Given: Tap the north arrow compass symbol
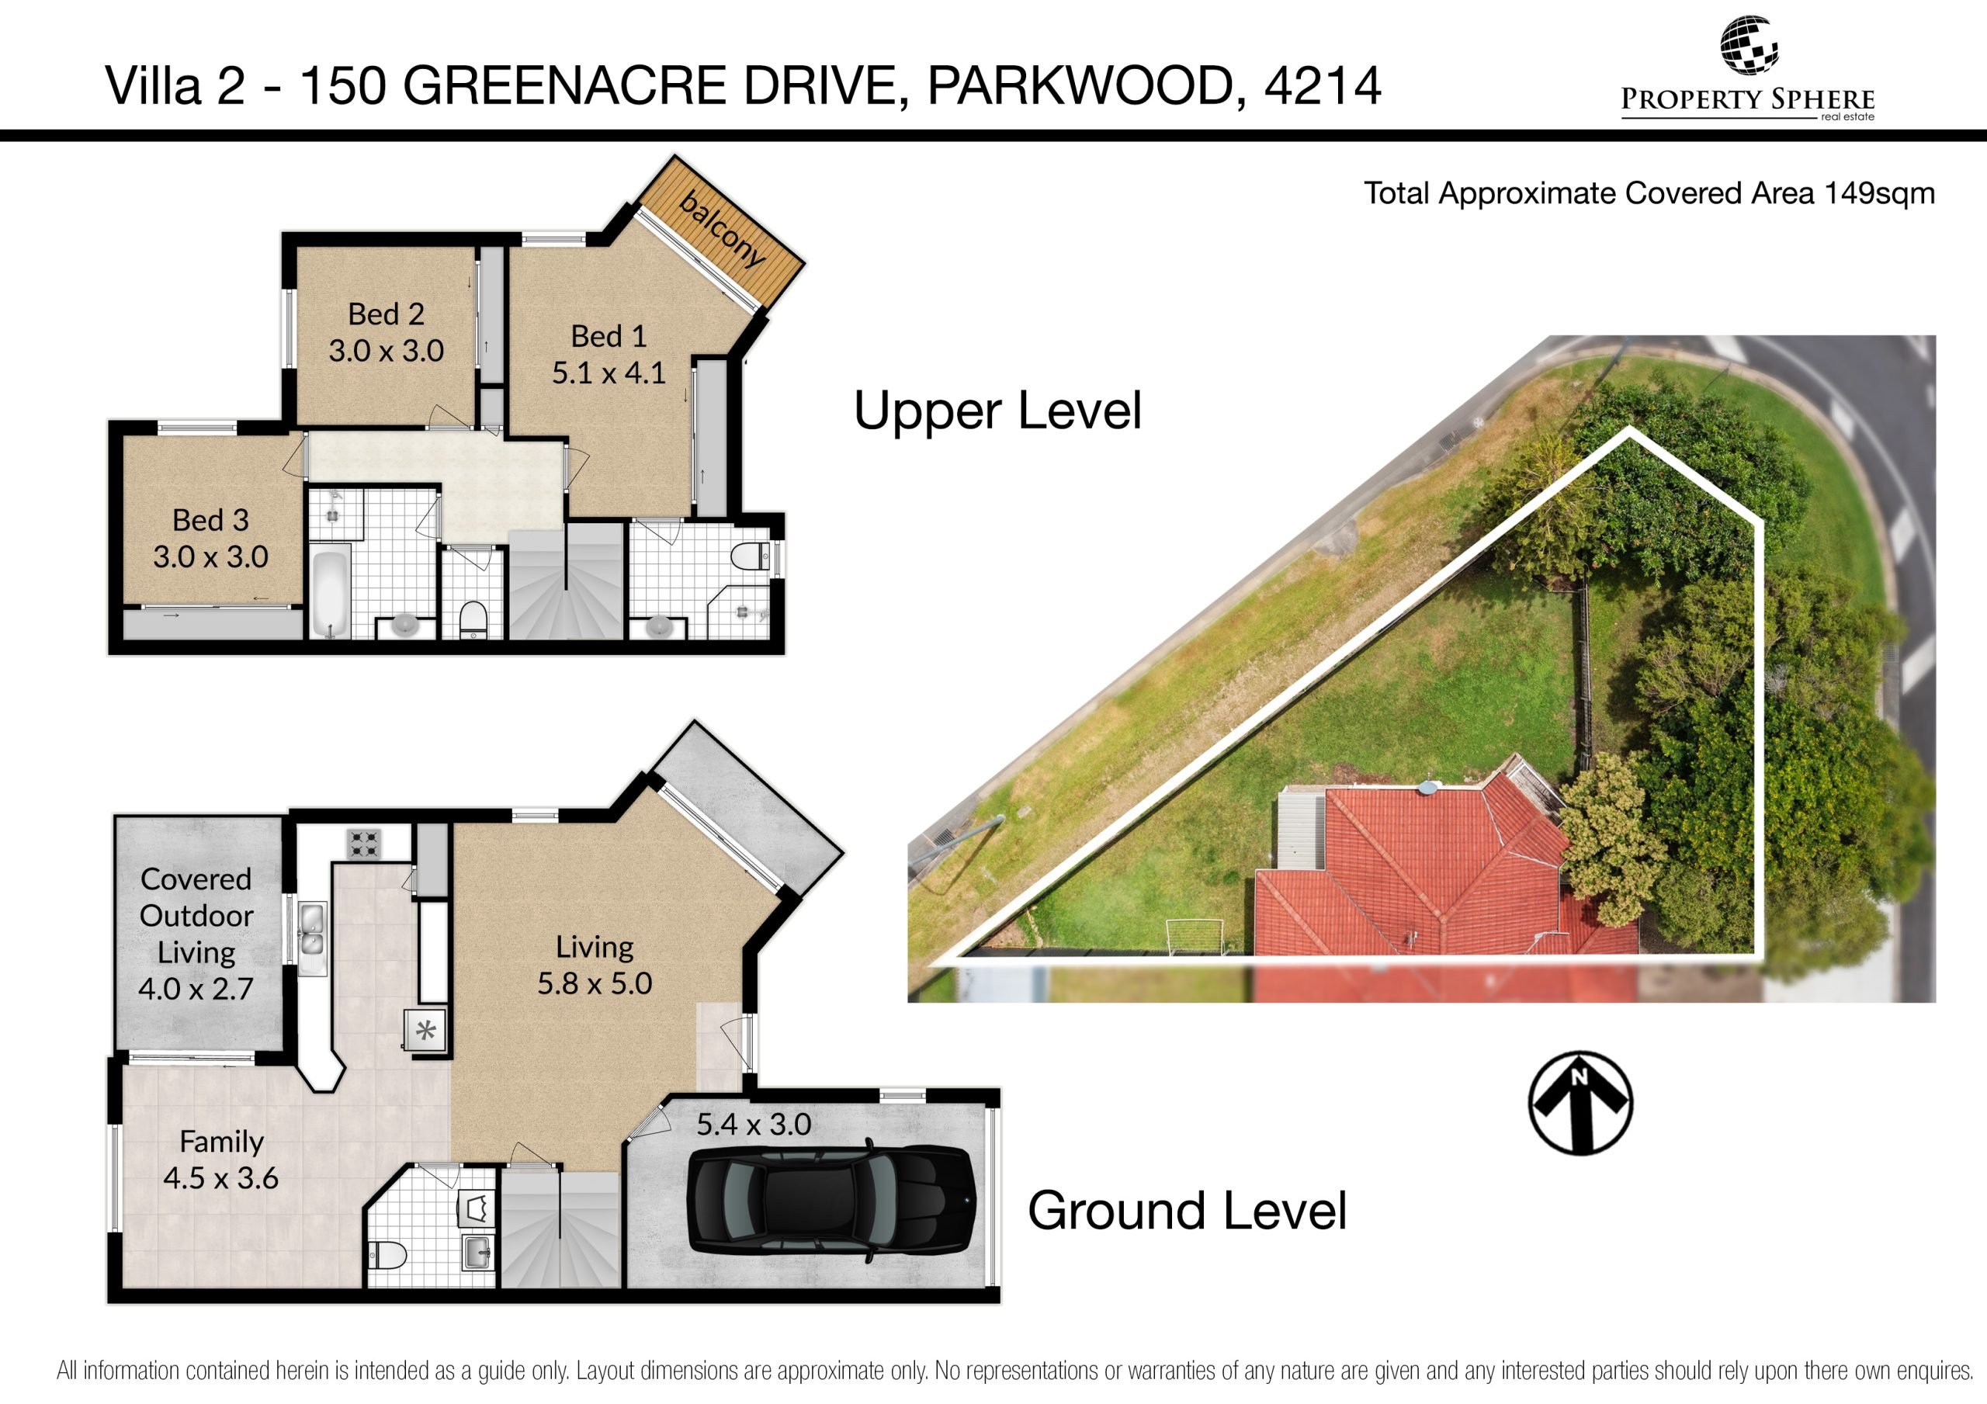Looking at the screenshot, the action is point(1580,1103).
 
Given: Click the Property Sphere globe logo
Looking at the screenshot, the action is point(1749,45).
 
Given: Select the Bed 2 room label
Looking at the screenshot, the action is point(386,314).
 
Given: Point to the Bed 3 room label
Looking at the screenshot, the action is point(210,519).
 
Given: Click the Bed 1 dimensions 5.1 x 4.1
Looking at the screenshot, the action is point(609,373).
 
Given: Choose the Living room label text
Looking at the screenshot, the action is point(595,946).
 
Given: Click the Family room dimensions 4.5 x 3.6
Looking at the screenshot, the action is point(220,1177).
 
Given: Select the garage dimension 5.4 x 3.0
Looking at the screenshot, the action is point(754,1124).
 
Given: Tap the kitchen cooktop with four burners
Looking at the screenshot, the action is point(363,843).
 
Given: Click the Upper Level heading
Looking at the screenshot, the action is point(998,411).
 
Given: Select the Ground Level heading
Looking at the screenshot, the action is point(1187,1210).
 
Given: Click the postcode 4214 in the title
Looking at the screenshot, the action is point(1323,85).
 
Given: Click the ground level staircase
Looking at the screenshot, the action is point(562,1227).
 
